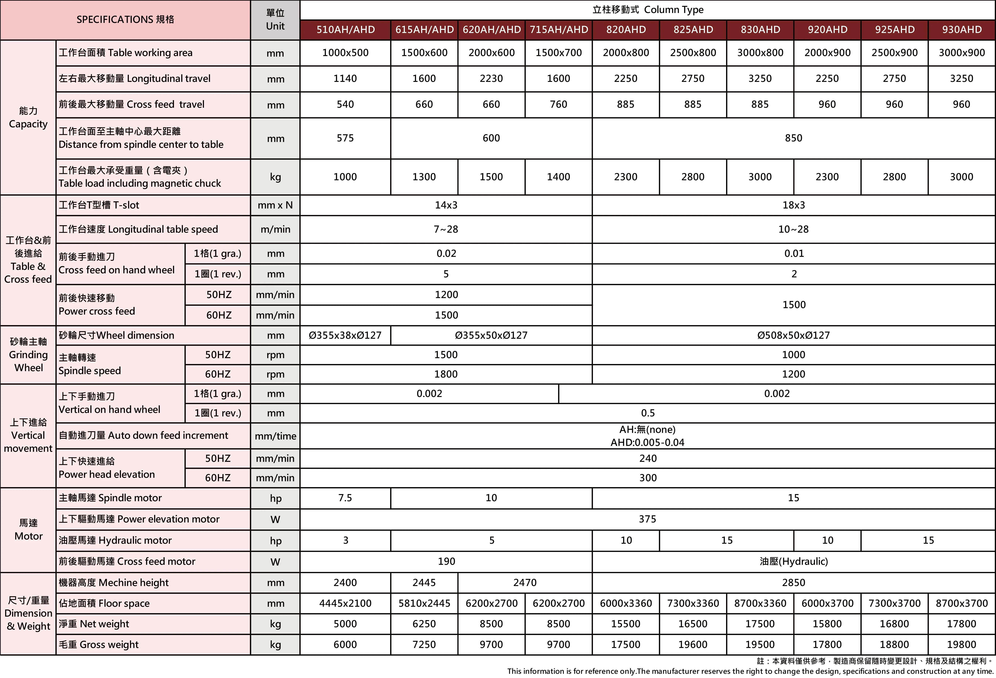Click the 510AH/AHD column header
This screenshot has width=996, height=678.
(x=345, y=29)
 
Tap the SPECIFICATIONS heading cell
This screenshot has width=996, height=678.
(x=125, y=20)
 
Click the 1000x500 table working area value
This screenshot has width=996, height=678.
(x=345, y=53)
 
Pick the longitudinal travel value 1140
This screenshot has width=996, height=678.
(x=345, y=78)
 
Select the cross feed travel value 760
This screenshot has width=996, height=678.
(x=558, y=104)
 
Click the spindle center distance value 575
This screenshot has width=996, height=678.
(x=345, y=138)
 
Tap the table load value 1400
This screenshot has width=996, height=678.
(x=558, y=177)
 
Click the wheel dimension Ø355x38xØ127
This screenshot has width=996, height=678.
(x=345, y=335)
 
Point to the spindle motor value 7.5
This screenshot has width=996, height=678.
(x=345, y=498)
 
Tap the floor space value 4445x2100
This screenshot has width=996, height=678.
(x=345, y=603)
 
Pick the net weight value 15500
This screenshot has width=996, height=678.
(x=626, y=624)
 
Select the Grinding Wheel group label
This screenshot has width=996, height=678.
(x=28, y=355)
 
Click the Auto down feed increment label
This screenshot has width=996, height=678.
(x=143, y=436)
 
